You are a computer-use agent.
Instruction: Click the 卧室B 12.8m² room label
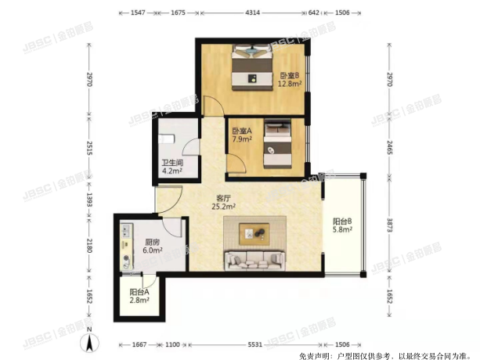coord(291,81)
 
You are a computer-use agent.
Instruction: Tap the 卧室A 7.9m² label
coord(242,136)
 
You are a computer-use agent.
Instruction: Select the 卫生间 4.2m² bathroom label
coord(166,167)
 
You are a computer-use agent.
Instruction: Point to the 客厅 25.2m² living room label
coord(224,203)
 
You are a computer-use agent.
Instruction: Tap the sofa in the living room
coord(255,259)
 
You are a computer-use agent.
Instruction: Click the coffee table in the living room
coord(254,232)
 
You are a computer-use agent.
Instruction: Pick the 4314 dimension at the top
coord(253,13)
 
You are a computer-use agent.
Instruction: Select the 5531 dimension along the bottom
coord(250,345)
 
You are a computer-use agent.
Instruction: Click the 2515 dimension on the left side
coord(90,149)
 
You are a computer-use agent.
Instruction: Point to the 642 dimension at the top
coord(314,13)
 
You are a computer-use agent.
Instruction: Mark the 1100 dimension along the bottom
coord(173,345)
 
